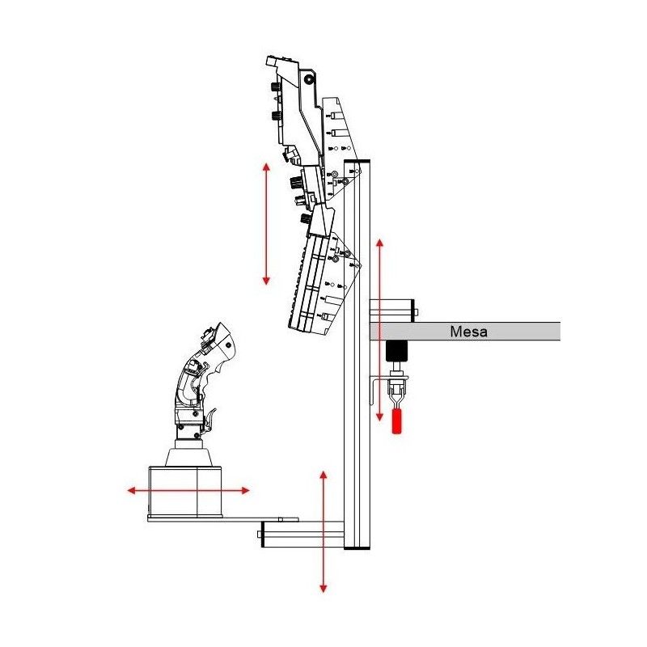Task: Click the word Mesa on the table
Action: click(x=468, y=332)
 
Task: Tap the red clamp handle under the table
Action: click(x=396, y=421)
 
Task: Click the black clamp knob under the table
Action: click(x=396, y=351)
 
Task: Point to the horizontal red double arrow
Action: click(x=188, y=490)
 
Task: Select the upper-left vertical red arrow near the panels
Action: click(x=266, y=224)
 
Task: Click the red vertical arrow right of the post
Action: click(x=379, y=330)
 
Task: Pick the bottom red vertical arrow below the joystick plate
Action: click(x=323, y=531)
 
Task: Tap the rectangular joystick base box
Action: click(x=185, y=492)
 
